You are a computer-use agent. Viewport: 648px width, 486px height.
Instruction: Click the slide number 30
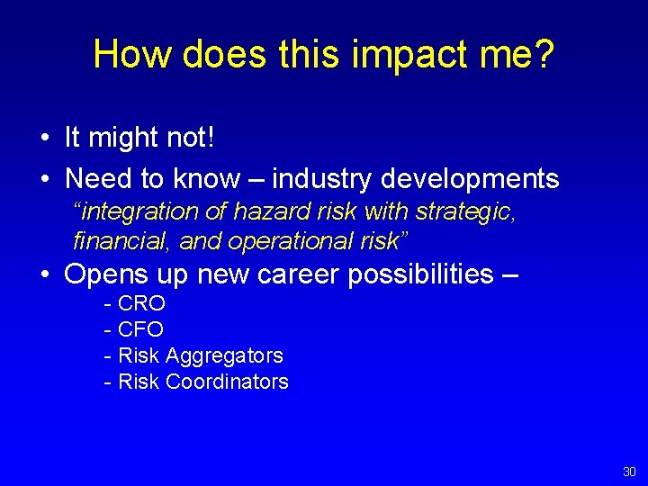pyautogui.click(x=628, y=472)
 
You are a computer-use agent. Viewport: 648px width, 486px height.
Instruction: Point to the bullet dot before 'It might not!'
pyautogui.click(x=44, y=139)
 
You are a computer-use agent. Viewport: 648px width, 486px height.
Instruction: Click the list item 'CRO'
pyautogui.click(x=141, y=303)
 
